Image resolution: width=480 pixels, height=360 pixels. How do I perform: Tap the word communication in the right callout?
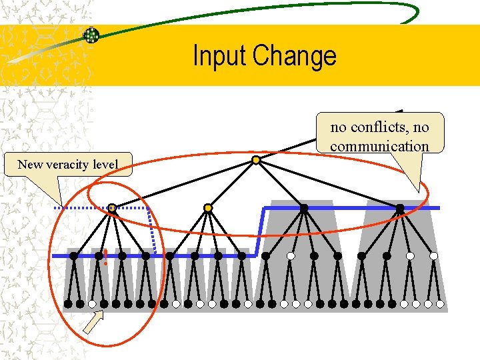(x=379, y=146)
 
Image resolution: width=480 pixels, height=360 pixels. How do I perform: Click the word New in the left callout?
(x=29, y=165)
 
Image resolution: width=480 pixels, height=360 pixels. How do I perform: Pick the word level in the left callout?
(x=106, y=165)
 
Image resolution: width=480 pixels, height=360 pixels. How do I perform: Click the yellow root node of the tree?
(x=256, y=160)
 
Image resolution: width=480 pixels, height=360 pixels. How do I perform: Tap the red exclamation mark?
(x=105, y=257)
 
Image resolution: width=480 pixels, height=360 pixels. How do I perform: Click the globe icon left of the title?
(x=91, y=35)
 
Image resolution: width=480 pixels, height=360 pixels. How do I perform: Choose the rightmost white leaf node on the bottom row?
(x=441, y=304)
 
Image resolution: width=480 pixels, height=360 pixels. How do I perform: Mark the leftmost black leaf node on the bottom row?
(x=68, y=304)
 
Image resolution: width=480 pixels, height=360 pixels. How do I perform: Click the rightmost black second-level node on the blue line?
(x=400, y=208)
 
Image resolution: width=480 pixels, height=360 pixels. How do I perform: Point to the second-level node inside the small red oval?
(x=112, y=208)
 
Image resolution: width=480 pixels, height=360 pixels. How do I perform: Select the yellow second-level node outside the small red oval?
(x=208, y=208)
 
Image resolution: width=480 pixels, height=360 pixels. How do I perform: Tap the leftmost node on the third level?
(x=73, y=255)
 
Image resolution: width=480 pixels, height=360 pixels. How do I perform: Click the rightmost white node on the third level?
(x=434, y=255)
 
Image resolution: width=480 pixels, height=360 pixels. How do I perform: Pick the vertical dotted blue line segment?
(x=152, y=231)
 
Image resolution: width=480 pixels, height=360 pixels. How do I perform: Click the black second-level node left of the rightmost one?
(x=304, y=208)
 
